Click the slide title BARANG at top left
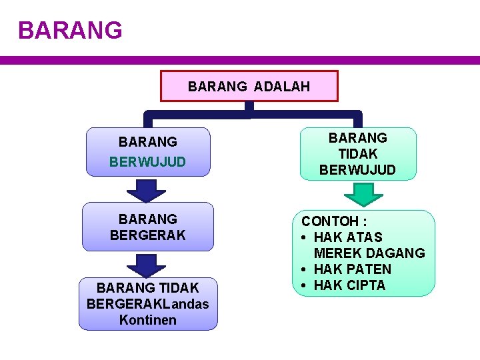click(70, 30)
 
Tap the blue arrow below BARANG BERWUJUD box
click(146, 190)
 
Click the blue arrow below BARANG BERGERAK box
click(146, 265)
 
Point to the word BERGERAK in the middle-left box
click(148, 235)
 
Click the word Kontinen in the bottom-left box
click(148, 320)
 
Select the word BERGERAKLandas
click(148, 304)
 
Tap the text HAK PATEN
click(353, 269)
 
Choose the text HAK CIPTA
click(350, 285)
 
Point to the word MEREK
click(339, 253)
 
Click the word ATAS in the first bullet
click(365, 237)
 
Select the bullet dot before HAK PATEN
click(304, 269)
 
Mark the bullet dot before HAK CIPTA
click(304, 285)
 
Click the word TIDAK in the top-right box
click(358, 154)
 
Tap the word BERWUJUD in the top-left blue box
click(148, 162)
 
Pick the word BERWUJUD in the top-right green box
click(358, 170)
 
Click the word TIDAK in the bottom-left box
click(181, 288)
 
